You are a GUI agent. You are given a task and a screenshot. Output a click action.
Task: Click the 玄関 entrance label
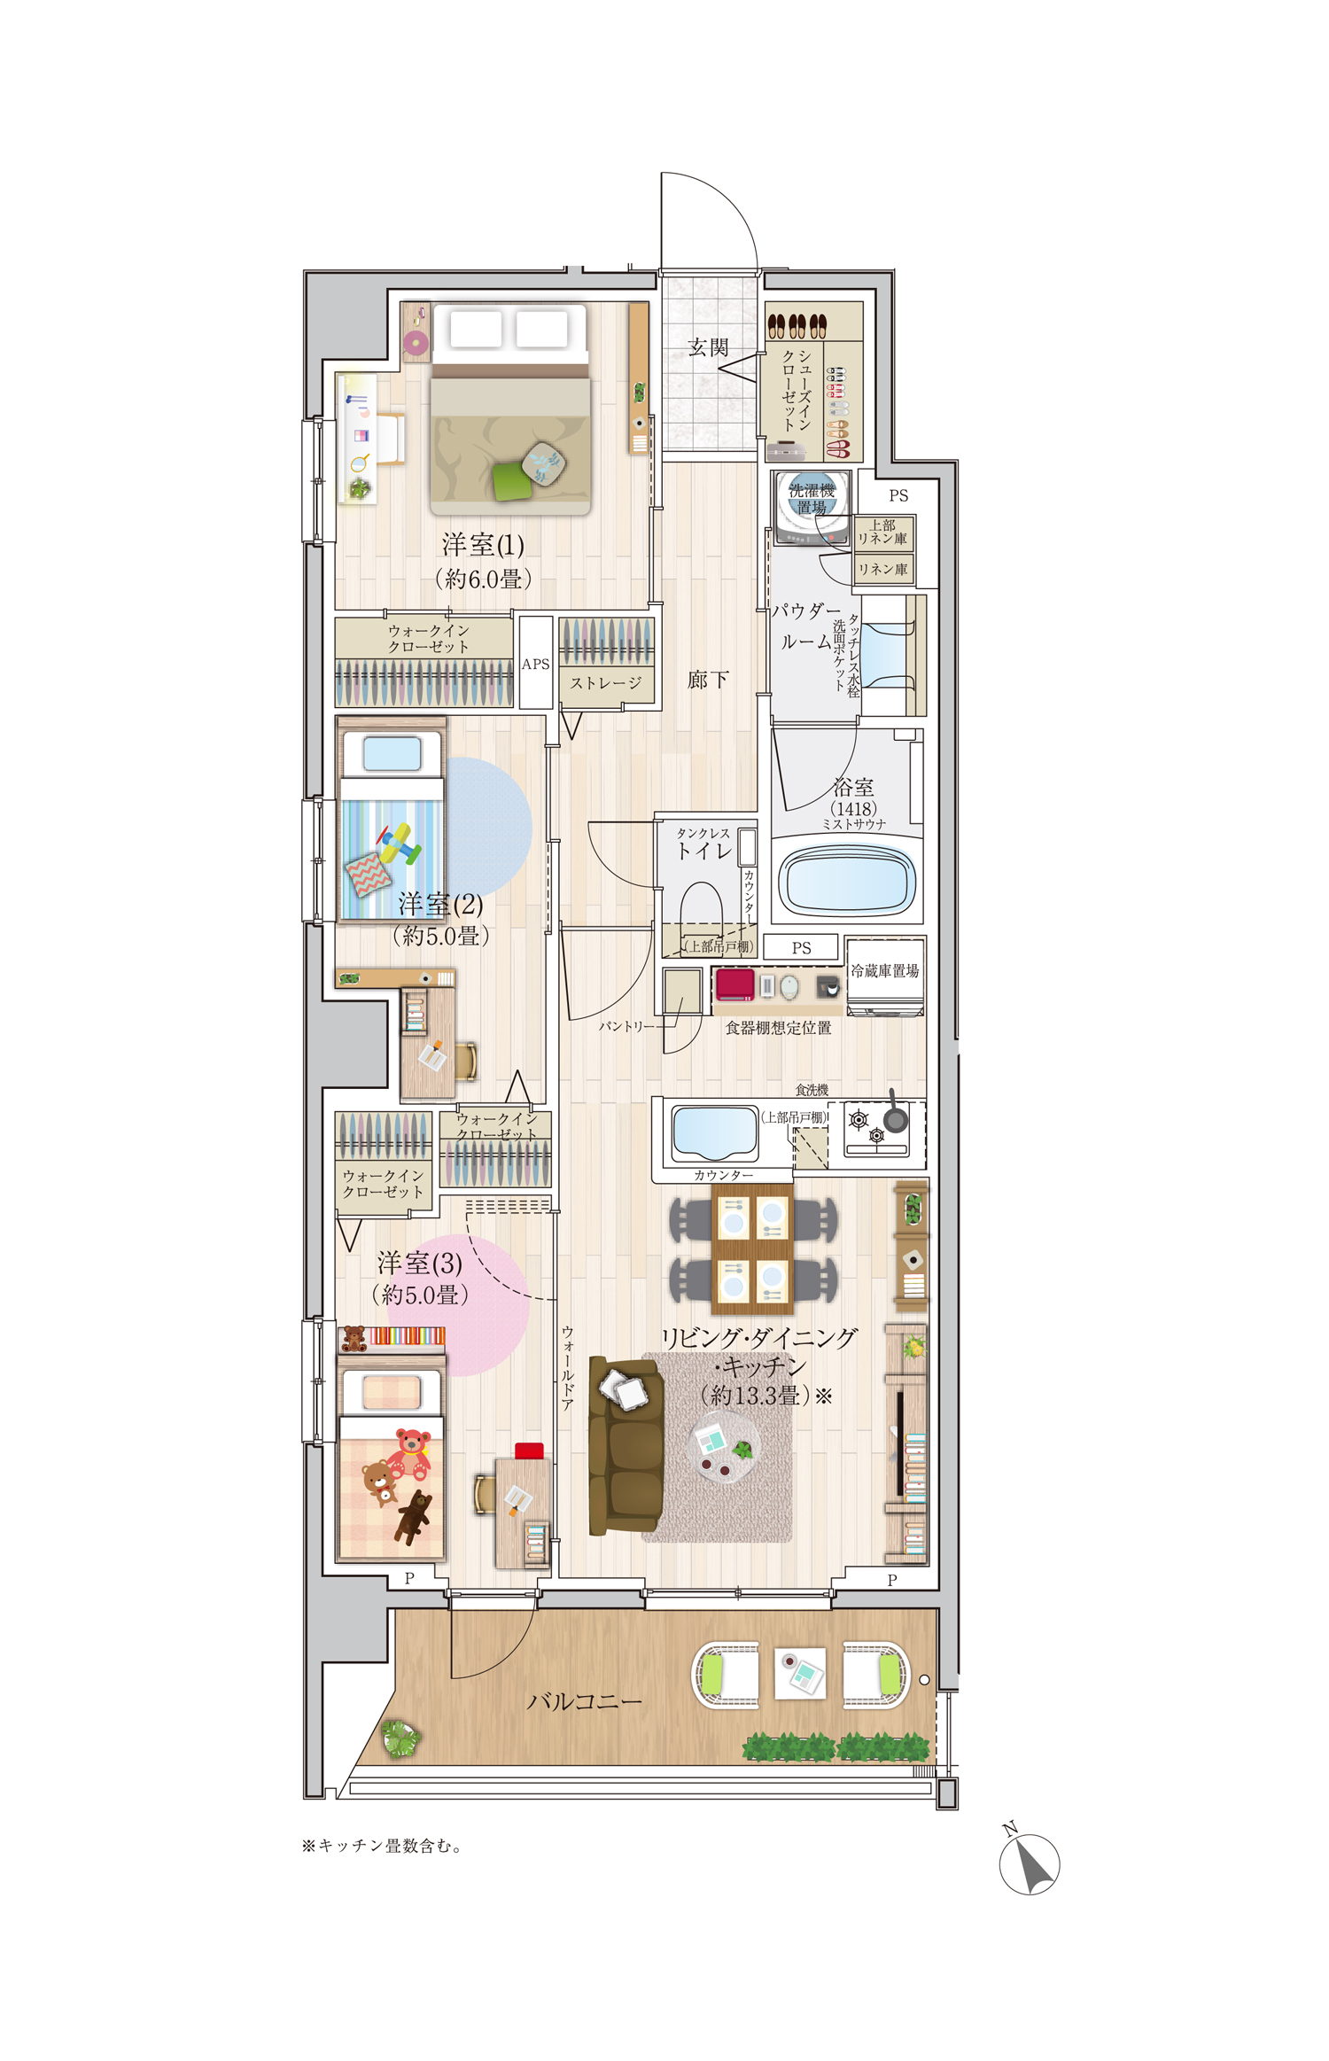[x=708, y=347]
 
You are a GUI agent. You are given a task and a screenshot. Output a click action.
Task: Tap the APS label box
[x=535, y=663]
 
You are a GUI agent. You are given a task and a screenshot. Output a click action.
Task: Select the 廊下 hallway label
[x=708, y=680]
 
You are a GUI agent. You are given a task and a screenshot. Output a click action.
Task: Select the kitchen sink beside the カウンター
[x=715, y=1132]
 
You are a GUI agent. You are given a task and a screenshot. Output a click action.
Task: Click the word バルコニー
[x=584, y=1701]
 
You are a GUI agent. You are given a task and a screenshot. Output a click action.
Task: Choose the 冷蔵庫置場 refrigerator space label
[x=884, y=970]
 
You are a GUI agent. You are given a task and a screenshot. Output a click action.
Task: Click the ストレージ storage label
[x=605, y=682]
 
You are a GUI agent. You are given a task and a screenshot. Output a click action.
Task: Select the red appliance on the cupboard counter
[x=735, y=984]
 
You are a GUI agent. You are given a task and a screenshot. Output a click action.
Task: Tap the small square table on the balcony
[x=800, y=1674]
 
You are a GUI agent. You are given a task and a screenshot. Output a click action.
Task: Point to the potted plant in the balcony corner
[x=401, y=1738]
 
